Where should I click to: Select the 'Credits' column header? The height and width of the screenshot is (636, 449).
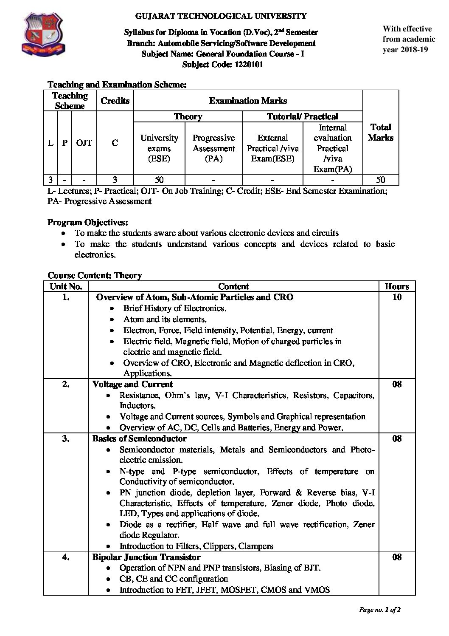click(115, 101)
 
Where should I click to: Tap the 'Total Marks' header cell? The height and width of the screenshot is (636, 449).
click(381, 132)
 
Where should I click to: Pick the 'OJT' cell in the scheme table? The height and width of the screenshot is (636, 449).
click(84, 143)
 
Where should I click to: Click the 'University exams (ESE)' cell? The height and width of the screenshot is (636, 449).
click(159, 148)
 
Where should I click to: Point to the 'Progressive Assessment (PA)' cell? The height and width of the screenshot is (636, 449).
click(213, 148)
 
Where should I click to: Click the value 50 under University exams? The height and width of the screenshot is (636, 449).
click(159, 180)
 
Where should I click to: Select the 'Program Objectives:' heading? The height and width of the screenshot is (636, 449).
click(88, 222)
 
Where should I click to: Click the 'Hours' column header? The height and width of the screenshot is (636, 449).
click(397, 286)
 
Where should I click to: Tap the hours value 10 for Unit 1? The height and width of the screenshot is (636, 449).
click(397, 297)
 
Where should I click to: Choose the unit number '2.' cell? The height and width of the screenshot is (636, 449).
click(66, 384)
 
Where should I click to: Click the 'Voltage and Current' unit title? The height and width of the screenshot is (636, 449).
click(132, 384)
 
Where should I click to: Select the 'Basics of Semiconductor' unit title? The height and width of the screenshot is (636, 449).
click(140, 438)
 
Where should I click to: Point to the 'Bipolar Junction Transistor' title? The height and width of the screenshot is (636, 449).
click(146, 557)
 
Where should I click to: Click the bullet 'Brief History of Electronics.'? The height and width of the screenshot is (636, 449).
click(175, 308)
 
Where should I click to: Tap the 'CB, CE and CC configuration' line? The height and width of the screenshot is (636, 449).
click(174, 579)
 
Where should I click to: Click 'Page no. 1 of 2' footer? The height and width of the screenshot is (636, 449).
click(380, 610)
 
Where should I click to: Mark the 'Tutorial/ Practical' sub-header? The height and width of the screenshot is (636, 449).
click(302, 116)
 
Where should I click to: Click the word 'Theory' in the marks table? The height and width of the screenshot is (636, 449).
click(188, 116)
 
